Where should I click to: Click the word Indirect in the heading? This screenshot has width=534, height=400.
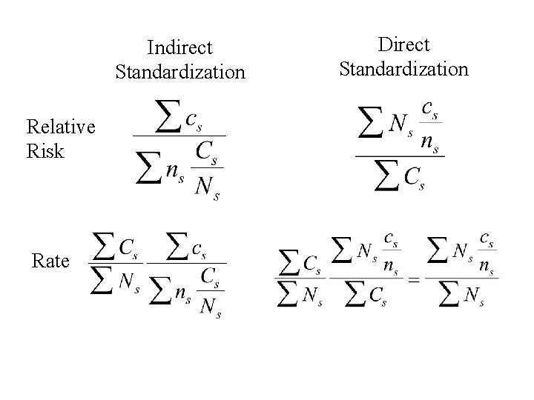tap(179, 48)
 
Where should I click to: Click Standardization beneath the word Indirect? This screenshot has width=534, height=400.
tap(179, 72)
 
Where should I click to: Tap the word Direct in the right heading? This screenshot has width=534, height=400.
tap(403, 44)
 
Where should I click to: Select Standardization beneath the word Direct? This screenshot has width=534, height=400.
tap(403, 69)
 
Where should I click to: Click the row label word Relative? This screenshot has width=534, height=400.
tap(60, 127)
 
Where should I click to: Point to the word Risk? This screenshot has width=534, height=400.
tap(44, 152)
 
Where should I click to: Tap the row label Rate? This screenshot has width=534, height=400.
tap(50, 261)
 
